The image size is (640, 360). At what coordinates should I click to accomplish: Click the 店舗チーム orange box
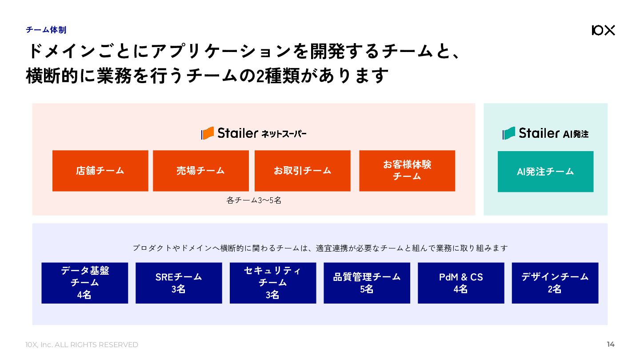pos(100,171)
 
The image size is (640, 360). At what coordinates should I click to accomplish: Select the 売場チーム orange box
pos(200,171)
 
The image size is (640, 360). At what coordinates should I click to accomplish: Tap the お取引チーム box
pos(302,171)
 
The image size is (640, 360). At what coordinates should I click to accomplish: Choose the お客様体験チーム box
pos(407,171)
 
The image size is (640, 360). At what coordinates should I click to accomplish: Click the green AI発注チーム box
pos(545,172)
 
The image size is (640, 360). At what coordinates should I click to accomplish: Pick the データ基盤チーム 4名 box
pos(84,283)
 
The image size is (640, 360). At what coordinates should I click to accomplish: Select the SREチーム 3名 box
pos(179,283)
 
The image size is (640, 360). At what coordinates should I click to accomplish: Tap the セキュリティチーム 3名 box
pos(272,283)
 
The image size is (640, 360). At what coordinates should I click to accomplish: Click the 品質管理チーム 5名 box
pos(367,283)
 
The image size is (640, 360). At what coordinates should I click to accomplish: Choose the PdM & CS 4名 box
pos(461,283)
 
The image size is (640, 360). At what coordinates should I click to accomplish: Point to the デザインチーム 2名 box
pos(555,283)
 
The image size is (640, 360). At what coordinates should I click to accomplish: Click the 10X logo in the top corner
pos(603,30)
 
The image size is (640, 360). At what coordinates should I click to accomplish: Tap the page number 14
pos(611,344)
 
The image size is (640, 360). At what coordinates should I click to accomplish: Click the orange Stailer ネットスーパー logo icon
pos(208,133)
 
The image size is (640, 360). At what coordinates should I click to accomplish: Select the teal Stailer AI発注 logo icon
pos(508,133)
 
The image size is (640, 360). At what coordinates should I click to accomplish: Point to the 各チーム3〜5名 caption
pos(254,200)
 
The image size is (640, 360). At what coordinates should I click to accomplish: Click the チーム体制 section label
pos(46,30)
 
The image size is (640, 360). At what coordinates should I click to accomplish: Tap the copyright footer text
pos(82,344)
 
